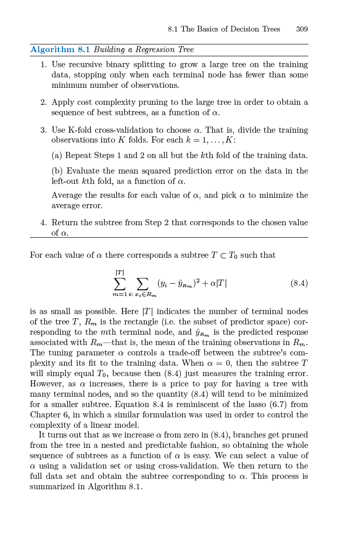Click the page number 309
tap(302, 29)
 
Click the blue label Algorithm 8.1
tap(60, 50)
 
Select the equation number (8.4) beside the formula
tap(299, 283)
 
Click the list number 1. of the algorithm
tap(43, 65)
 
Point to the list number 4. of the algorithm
tap(43, 223)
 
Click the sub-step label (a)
tap(57, 156)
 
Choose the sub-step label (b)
tap(57, 171)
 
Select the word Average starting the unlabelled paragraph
tap(66, 195)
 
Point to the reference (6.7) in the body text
tap(279, 405)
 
